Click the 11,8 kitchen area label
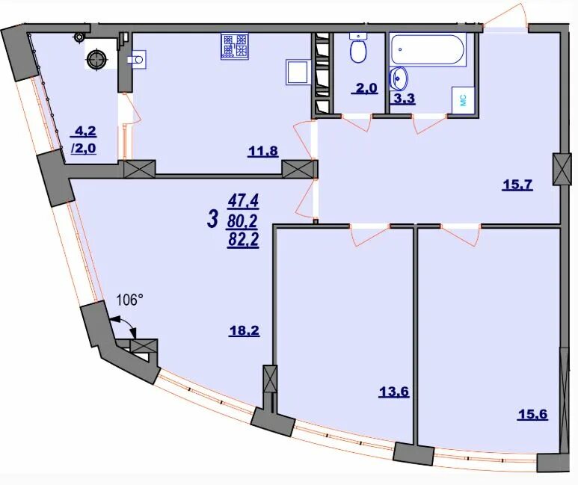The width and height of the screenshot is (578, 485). (x=262, y=152)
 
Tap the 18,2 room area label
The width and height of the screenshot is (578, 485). (x=244, y=331)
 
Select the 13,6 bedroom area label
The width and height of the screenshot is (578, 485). (x=394, y=392)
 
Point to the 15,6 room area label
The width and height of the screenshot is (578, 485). (x=532, y=414)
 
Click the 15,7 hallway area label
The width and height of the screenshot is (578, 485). (x=517, y=185)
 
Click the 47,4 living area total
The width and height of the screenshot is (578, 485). (x=244, y=201)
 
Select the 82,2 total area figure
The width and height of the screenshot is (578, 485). (x=243, y=240)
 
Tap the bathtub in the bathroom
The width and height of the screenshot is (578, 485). (x=428, y=50)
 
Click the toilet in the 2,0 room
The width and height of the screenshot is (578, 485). (x=357, y=48)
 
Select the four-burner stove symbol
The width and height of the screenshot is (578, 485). (x=234, y=46)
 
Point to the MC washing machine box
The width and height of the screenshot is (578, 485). (x=463, y=100)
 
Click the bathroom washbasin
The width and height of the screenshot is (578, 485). (x=399, y=79)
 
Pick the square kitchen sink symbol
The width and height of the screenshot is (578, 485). (x=297, y=73)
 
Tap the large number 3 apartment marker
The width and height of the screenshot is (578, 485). (x=212, y=220)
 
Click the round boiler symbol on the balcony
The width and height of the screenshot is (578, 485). (x=96, y=59)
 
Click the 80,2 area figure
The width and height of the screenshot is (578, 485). (x=243, y=221)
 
